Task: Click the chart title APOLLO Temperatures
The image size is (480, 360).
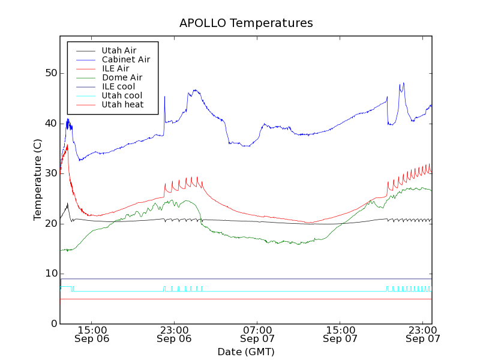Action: click(x=246, y=23)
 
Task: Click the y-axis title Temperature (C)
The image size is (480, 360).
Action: click(x=38, y=179)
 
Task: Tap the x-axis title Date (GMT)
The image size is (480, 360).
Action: click(x=246, y=352)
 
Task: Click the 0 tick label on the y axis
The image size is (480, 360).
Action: click(x=53, y=324)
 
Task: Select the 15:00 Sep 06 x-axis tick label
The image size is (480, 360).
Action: click(x=91, y=334)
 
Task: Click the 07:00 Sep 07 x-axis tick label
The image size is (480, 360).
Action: click(x=257, y=334)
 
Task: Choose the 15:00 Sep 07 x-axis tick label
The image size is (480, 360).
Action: click(x=340, y=334)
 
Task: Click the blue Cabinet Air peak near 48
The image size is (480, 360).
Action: click(x=404, y=83)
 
